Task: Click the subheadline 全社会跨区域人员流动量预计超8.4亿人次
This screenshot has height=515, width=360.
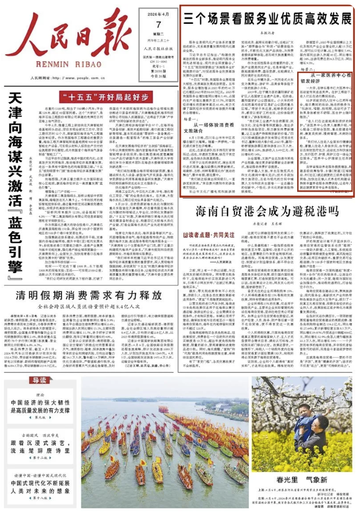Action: click(88, 306)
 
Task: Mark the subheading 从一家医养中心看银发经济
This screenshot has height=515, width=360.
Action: click(331, 79)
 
